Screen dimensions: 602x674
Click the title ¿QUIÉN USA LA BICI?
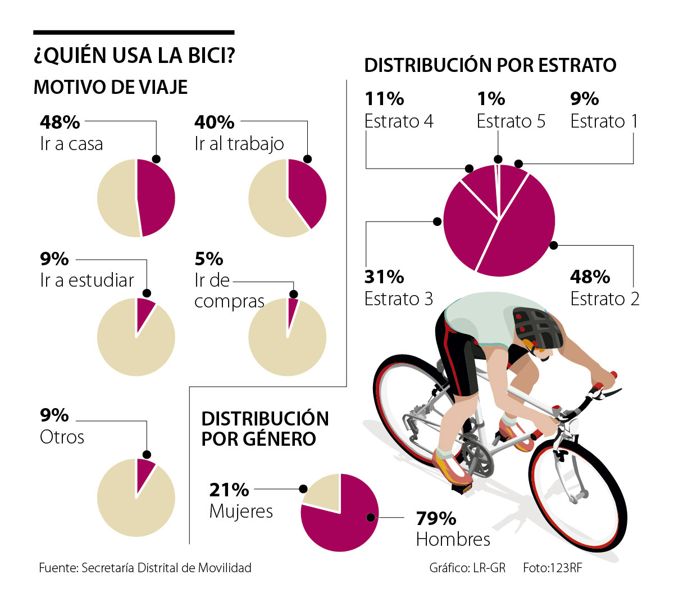[134, 56]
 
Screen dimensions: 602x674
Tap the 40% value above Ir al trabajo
[214, 122]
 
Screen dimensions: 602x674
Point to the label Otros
[62, 437]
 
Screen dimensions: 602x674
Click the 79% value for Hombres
[436, 518]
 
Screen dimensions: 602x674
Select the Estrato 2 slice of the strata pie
[522, 236]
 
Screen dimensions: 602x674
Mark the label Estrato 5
[511, 121]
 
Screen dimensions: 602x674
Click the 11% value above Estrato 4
[384, 99]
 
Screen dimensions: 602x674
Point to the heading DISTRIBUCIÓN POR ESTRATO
[490, 65]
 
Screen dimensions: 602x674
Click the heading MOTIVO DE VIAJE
[111, 87]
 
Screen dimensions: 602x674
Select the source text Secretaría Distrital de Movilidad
[166, 568]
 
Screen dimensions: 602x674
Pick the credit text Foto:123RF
[552, 568]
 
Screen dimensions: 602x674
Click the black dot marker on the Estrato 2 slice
[553, 245]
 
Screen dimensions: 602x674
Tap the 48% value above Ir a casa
[60, 122]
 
